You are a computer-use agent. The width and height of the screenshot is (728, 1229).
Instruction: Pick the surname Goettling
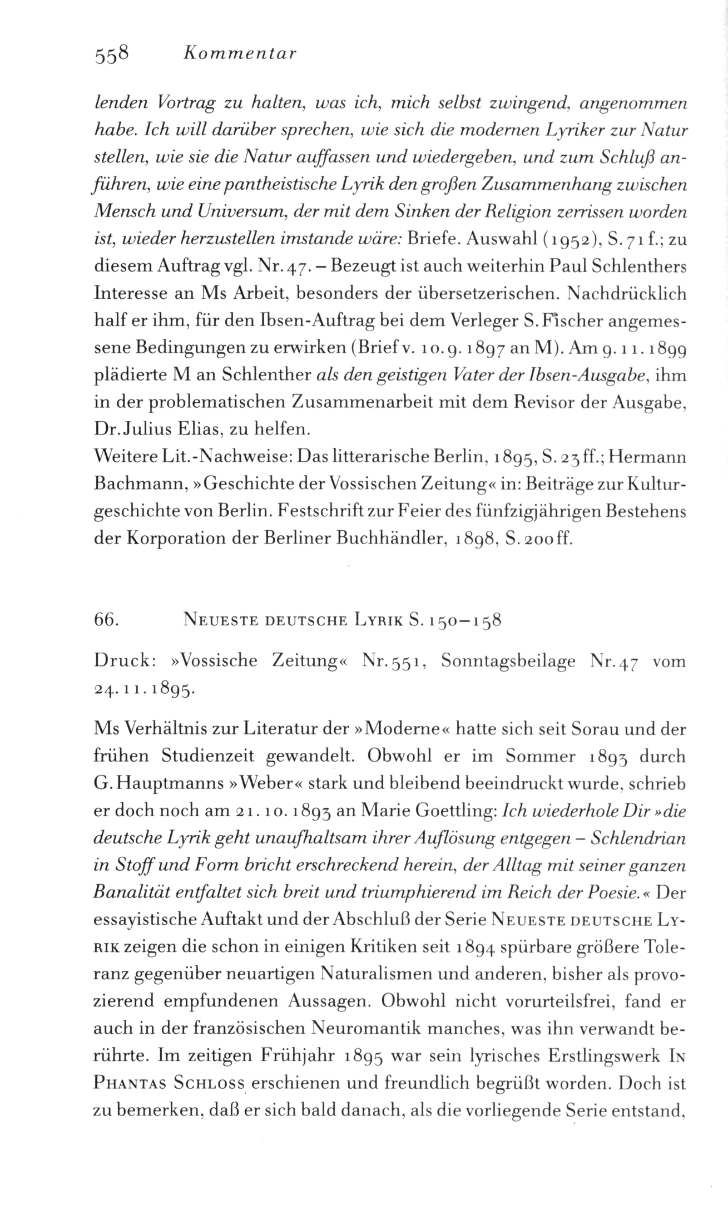452,812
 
